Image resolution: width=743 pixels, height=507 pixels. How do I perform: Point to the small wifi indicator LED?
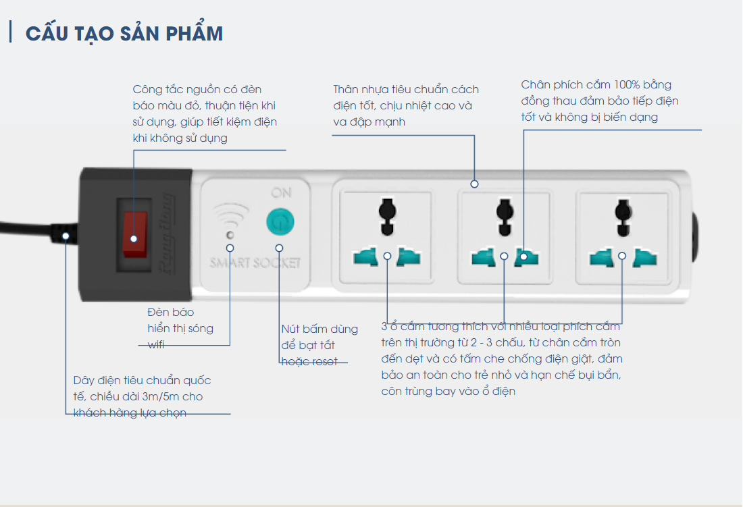coord(230,235)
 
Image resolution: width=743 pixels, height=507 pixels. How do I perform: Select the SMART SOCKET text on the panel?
coord(255,263)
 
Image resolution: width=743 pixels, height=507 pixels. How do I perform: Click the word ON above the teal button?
coord(281,193)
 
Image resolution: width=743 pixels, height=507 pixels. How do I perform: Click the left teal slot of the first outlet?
coord(365,257)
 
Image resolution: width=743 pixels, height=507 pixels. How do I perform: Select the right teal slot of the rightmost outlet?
coord(644,257)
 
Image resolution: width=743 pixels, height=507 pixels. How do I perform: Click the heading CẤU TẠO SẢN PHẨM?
coord(124,34)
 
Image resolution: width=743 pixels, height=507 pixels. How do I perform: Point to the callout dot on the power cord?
coord(66,236)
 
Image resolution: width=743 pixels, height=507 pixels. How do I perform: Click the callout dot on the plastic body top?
coord(474,183)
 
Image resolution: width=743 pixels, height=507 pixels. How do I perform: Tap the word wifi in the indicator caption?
coord(156,345)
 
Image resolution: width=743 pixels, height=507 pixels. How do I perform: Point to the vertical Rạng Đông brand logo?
coord(166,235)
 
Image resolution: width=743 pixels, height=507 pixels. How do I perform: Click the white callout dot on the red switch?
coord(134,238)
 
